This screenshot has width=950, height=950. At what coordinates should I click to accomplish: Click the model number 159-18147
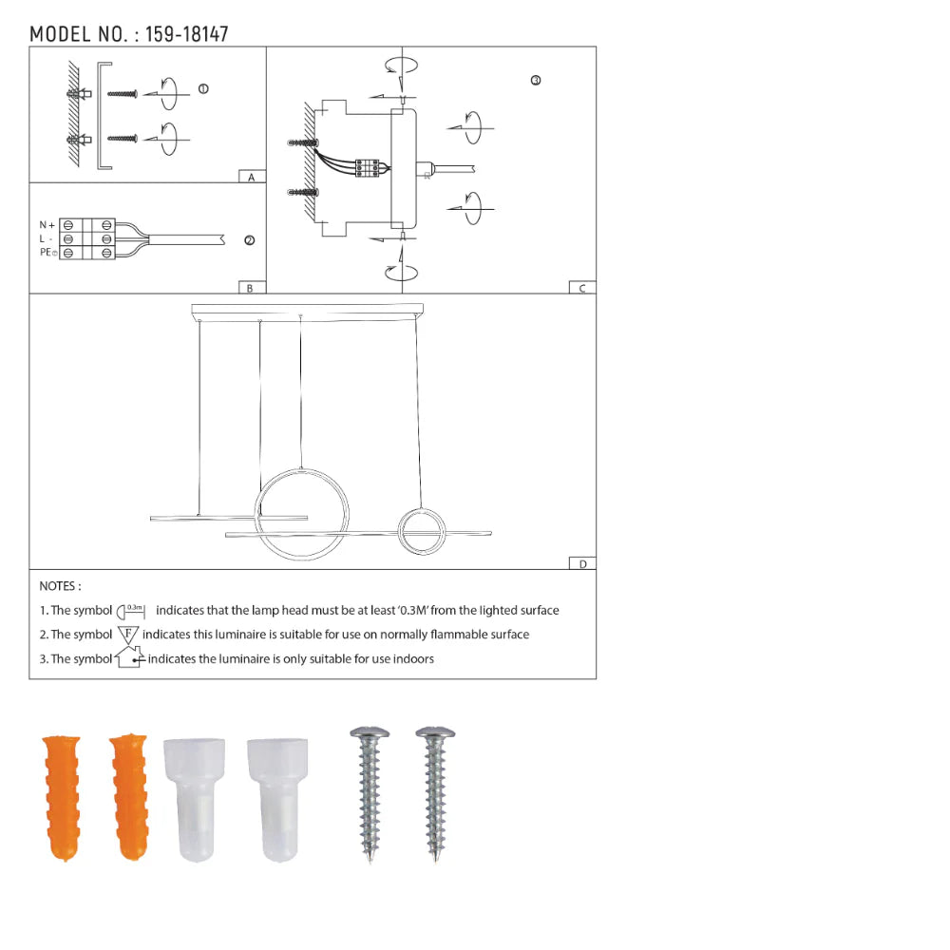[x=186, y=34]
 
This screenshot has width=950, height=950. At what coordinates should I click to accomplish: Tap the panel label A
[x=252, y=177]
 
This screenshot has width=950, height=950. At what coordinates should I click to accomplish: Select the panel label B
[x=250, y=289]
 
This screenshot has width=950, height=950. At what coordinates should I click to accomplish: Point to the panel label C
[x=582, y=289]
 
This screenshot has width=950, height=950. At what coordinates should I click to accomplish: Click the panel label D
[x=583, y=564]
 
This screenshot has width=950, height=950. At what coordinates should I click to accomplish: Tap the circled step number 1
[x=203, y=89]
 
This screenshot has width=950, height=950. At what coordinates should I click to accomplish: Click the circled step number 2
[x=249, y=240]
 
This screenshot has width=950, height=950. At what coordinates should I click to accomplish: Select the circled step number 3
[x=536, y=80]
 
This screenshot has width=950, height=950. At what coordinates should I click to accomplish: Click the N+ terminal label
[x=47, y=225]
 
